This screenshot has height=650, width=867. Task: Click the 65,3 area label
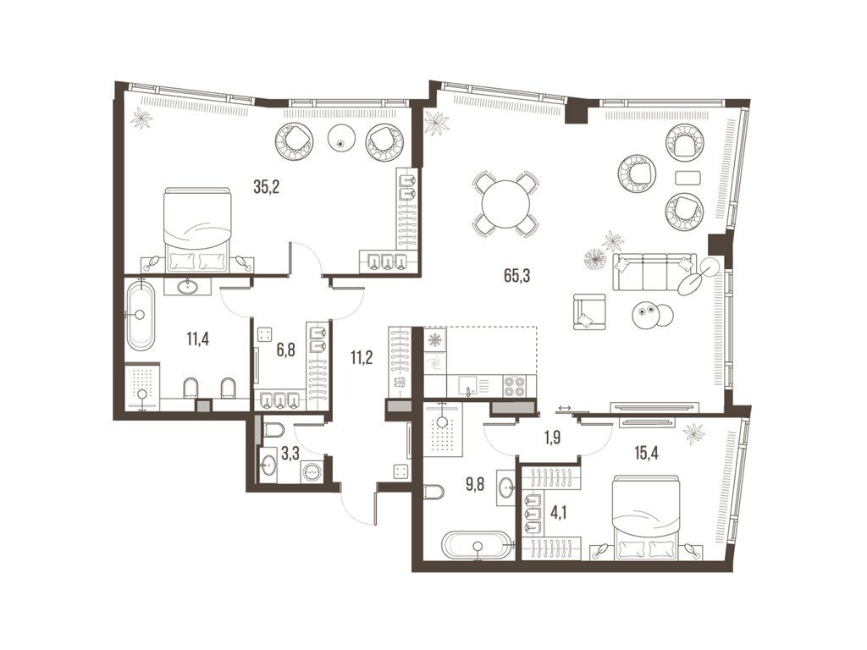click(517, 275)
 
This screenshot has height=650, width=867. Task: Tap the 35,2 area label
click(267, 187)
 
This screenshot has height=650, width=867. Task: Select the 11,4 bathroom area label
click(197, 339)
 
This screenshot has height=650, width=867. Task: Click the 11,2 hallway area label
click(361, 358)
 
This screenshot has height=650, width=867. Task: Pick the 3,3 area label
click(290, 454)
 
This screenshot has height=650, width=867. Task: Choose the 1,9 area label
click(552, 438)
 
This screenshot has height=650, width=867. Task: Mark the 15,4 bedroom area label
click(646, 454)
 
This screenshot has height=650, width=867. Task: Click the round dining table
click(505, 204)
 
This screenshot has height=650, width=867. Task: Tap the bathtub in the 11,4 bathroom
click(141, 316)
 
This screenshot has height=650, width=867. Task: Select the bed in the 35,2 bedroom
click(196, 229)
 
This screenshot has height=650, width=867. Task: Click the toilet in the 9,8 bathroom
click(433, 492)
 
